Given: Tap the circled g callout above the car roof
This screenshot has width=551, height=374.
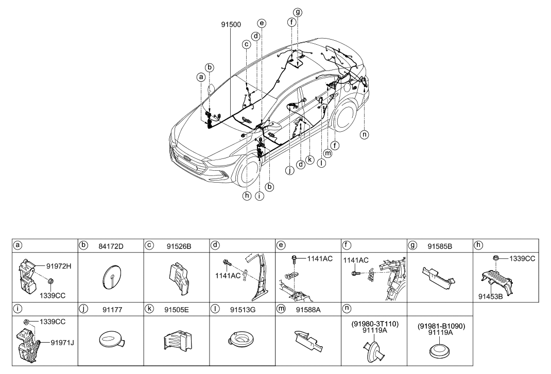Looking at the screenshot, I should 298,12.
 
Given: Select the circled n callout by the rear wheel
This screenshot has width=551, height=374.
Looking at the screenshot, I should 365,135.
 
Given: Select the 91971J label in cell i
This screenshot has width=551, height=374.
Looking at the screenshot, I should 62,342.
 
